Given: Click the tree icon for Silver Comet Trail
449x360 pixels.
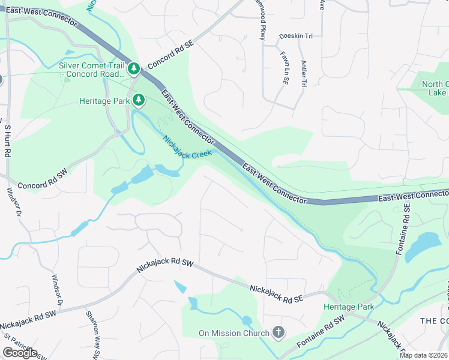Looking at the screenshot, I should coord(134,70).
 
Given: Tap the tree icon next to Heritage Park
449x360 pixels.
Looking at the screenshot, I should coord(139,99).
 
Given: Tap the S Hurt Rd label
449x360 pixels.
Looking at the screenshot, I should coord(8,140).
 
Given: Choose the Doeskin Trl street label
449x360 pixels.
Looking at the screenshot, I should coord(296,37).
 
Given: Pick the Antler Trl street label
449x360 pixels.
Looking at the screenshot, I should coord(304,74).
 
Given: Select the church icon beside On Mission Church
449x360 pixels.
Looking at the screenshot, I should coord(278,332).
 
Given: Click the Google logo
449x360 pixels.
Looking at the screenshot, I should coord(20,352).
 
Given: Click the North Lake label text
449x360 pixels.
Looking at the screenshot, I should coord(433,88).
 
